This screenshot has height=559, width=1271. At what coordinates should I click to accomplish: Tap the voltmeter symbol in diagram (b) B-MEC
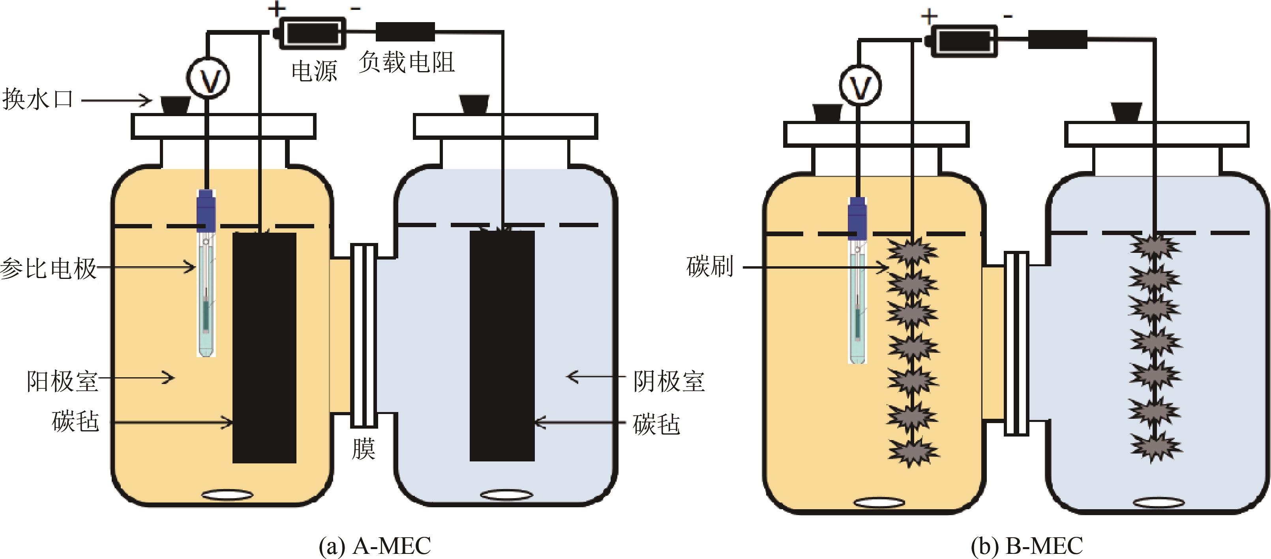pos(860,85)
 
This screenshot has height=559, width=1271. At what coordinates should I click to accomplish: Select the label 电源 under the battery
pos(314,71)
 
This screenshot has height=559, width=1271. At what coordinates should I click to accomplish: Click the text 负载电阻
pos(406,63)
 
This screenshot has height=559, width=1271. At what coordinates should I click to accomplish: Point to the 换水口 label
pos(37,99)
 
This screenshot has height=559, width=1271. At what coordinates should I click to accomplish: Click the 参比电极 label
pos(48,269)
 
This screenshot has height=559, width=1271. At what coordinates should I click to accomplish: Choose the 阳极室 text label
pos(62,381)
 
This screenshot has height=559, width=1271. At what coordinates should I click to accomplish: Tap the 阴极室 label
pos(669,381)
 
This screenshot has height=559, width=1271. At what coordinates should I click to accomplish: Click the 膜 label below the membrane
pos(363,448)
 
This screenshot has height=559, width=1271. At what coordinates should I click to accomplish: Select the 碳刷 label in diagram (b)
pos(710,267)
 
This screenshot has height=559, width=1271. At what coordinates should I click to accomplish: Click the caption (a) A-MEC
pos(375,546)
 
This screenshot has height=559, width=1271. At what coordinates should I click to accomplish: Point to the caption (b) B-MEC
pos(1026,546)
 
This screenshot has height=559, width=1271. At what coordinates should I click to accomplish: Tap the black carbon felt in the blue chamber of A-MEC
pos(502,346)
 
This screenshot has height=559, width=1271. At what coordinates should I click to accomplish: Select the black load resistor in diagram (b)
pos(1057,40)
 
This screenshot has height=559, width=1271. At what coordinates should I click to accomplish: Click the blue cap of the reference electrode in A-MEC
pos(206,210)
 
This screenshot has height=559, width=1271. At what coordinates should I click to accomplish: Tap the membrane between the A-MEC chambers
pos(364,335)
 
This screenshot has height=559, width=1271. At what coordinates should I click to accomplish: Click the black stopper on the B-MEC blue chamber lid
pos(1126,112)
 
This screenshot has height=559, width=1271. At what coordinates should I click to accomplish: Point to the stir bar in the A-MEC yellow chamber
pos(227,494)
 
